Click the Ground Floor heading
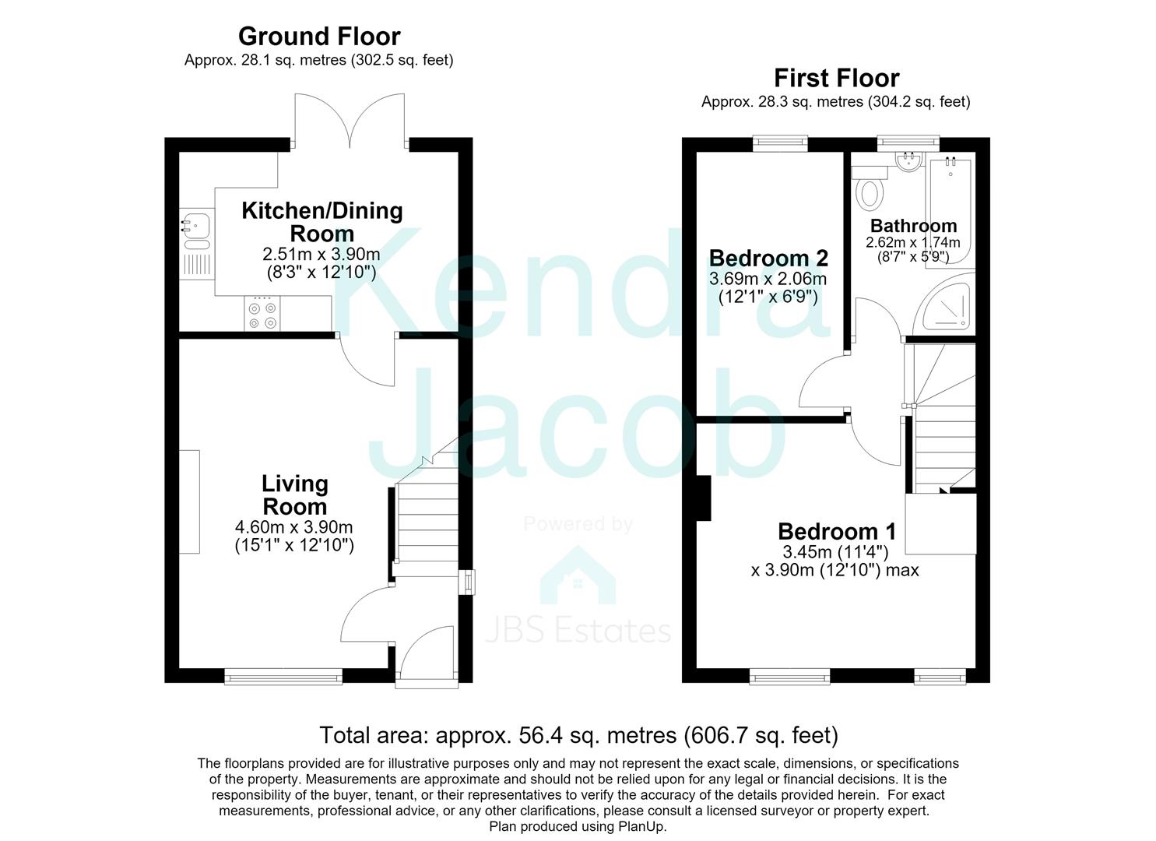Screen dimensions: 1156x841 319,37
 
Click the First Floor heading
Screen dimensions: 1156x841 837,79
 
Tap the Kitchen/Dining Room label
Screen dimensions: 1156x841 322,222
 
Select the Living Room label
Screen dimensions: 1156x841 295,494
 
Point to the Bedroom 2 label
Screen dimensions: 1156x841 768,258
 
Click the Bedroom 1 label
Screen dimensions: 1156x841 837,531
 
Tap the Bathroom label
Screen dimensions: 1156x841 913,226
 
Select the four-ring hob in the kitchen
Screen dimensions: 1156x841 262,313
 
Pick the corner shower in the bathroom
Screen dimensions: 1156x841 944,305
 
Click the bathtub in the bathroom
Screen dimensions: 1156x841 951,212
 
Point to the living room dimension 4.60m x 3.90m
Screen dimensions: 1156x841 293,527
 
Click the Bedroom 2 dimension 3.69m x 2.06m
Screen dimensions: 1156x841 768,279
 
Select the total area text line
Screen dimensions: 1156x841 578,734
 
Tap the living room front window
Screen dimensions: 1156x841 283,677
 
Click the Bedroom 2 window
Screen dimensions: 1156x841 780,143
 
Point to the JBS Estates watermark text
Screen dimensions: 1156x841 578,631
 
